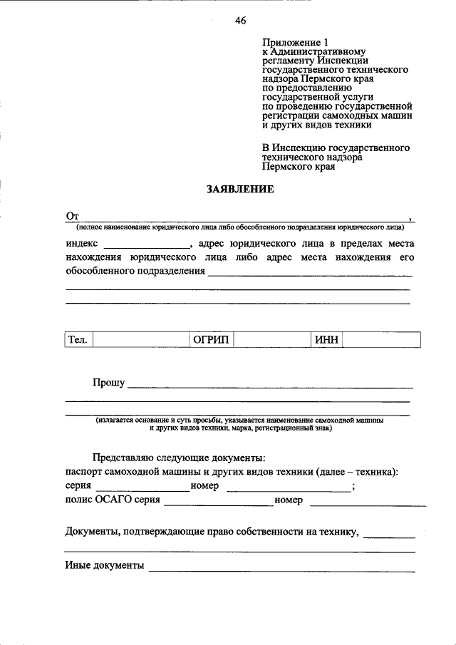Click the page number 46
coord(240,21)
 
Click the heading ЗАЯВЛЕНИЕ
coord(240,190)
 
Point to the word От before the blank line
coord(71,215)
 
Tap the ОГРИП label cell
coord(211,340)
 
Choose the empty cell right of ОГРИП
coord(272,340)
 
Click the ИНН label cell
coord(326,340)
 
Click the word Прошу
coord(108,383)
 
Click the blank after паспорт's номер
coord(287,487)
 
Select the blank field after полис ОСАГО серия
coord(218,501)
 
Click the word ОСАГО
coord(111,501)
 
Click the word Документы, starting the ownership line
coord(93,531)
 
